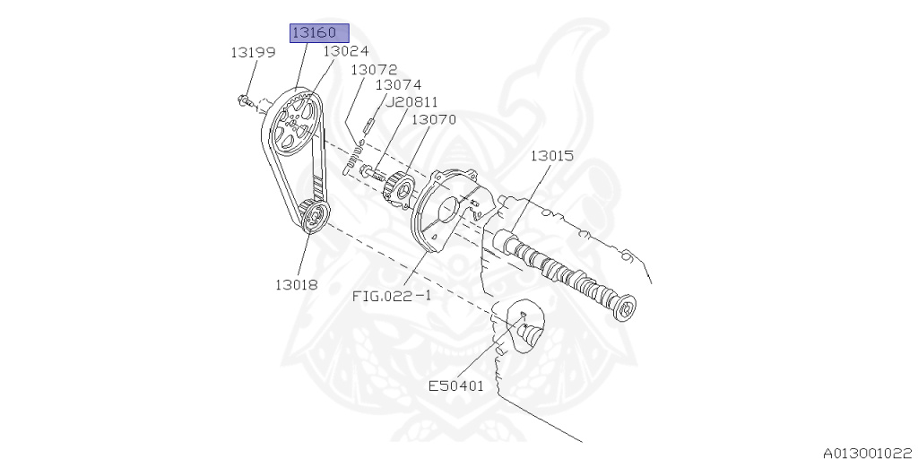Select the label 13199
(x=252, y=53)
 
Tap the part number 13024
(x=345, y=52)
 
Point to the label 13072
(x=374, y=69)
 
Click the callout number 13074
(x=398, y=85)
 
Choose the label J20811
(x=411, y=102)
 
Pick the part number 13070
(x=434, y=119)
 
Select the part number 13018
(x=298, y=285)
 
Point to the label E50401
(x=455, y=386)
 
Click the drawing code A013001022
(x=868, y=452)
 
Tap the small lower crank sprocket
(x=312, y=215)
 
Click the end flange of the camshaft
(x=625, y=307)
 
